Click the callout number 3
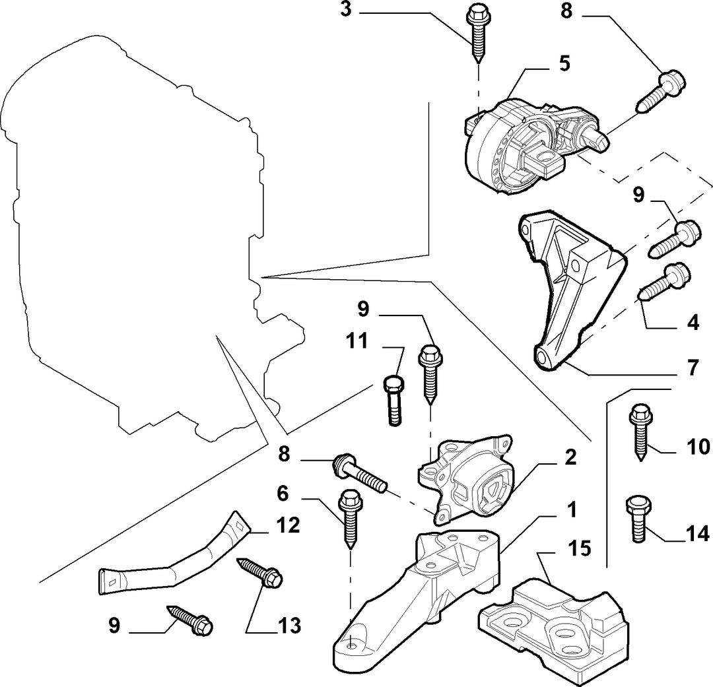[347, 9]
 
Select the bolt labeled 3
[477, 34]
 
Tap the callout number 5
[564, 63]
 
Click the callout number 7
[693, 367]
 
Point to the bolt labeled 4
[665, 282]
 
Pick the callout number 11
[356, 341]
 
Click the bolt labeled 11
[394, 401]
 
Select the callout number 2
[570, 457]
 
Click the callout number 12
[289, 525]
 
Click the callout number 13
[290, 626]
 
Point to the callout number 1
[572, 509]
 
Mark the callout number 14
[698, 533]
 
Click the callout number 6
[283, 494]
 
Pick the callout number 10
[698, 447]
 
